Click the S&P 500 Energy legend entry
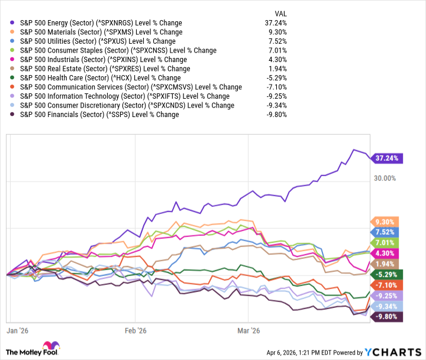click(x=101, y=23)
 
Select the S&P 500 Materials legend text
click(x=101, y=33)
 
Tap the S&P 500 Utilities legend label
click(x=98, y=41)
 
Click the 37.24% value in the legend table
click(x=276, y=23)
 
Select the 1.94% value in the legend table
click(x=277, y=69)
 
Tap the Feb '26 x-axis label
click(x=135, y=331)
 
